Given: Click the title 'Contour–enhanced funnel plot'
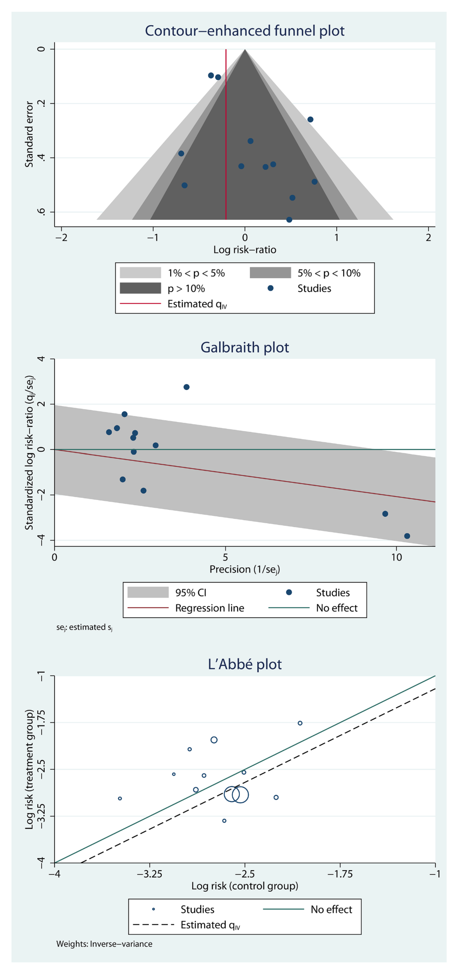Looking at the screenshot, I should pyautogui.click(x=245, y=31).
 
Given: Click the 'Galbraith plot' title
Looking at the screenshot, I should pyautogui.click(x=245, y=347).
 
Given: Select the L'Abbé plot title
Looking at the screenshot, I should pyautogui.click(x=245, y=664).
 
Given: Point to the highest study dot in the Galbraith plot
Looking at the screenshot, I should pyautogui.click(x=186, y=387).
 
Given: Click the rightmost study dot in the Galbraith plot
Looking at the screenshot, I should pyautogui.click(x=407, y=536).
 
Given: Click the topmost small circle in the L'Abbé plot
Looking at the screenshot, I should pyautogui.click(x=300, y=723).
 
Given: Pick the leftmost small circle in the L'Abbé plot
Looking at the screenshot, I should pyautogui.click(x=120, y=798).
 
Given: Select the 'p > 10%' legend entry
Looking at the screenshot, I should pyautogui.click(x=186, y=289).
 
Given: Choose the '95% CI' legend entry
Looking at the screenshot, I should pyautogui.click(x=190, y=592).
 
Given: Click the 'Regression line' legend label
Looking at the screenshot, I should pyautogui.click(x=209, y=608).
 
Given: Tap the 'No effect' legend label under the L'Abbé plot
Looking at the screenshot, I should pyautogui.click(x=331, y=909).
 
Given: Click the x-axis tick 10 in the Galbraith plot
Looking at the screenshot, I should pyautogui.click(x=396, y=557).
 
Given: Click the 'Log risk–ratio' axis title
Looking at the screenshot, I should pyautogui.click(x=245, y=250).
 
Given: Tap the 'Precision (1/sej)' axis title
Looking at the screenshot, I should pyautogui.click(x=245, y=569).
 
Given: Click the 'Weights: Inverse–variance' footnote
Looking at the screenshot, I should pyautogui.click(x=104, y=944).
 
